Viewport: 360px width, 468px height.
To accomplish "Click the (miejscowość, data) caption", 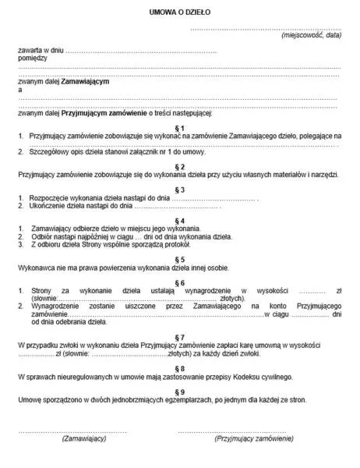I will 312,36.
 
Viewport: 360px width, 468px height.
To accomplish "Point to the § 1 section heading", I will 180,126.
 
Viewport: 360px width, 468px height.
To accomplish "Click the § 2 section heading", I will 180,166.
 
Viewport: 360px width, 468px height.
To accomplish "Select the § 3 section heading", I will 180,190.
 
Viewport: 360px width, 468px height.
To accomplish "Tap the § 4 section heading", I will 180,220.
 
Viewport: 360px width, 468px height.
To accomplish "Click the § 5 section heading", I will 180,258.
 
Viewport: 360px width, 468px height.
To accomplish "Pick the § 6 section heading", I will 180,281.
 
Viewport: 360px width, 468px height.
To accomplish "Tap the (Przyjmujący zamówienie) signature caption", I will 254,439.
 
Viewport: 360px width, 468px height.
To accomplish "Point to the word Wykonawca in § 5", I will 35,268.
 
